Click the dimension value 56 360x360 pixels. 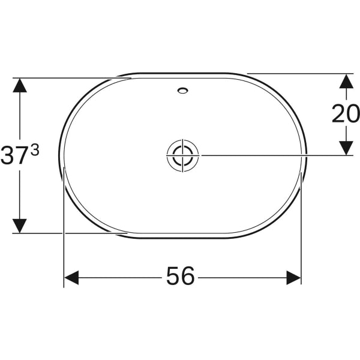pos(181,277)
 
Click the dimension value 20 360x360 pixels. pos(345,113)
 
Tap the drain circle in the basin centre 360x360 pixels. pos(182,155)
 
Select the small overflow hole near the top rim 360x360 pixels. pos(182,92)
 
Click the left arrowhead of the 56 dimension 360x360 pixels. pos(71,277)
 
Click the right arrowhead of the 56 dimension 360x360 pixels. pos(293,277)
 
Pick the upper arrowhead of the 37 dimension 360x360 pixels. pos(20,85)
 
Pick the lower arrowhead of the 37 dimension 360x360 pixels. pos(20,226)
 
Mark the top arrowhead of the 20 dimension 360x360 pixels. pos(346,81)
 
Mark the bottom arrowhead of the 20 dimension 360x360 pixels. pos(346,148)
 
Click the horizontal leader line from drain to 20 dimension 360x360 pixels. pos(270,155)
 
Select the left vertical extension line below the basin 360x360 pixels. pos(64,240)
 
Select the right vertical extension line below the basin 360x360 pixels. pos(301,240)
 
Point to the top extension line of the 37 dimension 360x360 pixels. pos(66,78)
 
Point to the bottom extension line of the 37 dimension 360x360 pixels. pos(66,233)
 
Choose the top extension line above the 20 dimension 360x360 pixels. pos(300,74)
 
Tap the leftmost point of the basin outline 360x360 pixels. pos(59,156)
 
